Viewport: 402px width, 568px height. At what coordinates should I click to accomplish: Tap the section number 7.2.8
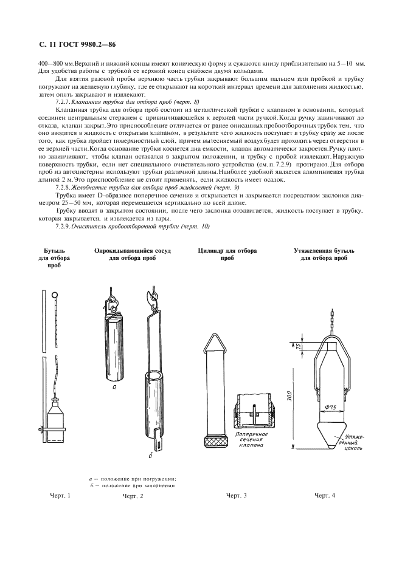[63, 188]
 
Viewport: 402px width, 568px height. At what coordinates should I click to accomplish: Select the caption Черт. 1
[60, 496]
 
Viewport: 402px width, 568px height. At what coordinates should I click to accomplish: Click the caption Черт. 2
[133, 496]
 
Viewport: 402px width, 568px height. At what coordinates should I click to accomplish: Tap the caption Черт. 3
[236, 496]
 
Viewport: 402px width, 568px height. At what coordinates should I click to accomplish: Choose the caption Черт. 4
[324, 496]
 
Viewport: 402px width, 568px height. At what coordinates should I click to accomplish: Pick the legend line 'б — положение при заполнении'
[133, 485]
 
